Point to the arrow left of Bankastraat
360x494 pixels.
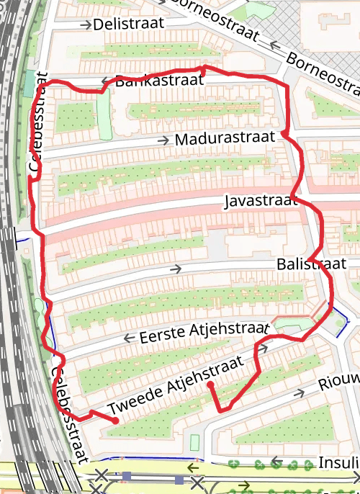106,81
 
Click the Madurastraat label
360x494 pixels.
225,138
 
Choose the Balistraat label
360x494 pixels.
311,264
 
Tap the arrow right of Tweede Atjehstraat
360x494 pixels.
264,349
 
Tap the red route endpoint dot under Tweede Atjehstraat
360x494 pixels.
210,385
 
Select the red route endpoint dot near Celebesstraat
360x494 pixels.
115,421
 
